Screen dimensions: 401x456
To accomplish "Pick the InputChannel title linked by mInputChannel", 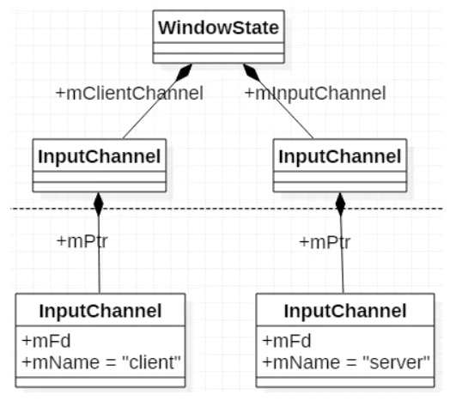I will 340,157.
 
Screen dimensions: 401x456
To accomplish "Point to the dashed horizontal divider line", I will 223,209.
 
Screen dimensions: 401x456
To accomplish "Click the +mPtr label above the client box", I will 82,241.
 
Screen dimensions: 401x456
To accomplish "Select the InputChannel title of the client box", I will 101,309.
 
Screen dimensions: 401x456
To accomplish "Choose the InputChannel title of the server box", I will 345,309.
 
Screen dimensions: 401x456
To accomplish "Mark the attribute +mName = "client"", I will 101,362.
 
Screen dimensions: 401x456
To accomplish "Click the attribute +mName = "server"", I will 346,362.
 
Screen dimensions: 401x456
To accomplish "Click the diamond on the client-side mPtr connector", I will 99,204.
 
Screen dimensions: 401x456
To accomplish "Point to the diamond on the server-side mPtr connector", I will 340,204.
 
